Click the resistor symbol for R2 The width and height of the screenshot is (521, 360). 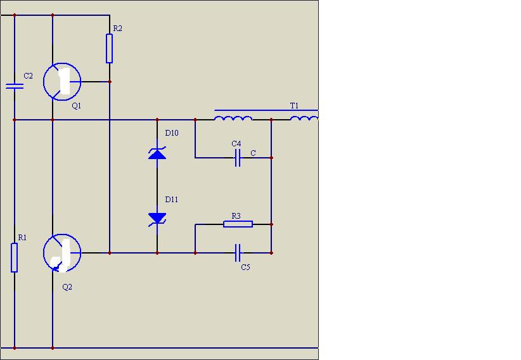pos(109,49)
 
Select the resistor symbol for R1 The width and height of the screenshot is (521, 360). pos(15,257)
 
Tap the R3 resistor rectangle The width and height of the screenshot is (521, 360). pos(238,224)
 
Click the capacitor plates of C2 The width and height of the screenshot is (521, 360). pos(15,86)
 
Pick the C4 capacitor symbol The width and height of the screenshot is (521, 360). pos(238,158)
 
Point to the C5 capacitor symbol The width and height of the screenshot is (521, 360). pos(238,253)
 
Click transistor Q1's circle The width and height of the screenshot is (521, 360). pos(44,82)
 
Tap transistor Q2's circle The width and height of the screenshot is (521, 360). pos(44,253)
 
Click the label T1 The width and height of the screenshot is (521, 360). pos(294,106)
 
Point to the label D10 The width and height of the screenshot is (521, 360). pos(172,133)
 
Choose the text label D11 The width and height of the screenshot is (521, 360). pos(172,200)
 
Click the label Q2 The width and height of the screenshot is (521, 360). pos(67,287)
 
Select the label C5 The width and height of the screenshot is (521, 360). pos(245,267)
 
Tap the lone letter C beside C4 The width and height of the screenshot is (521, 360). pos(253,153)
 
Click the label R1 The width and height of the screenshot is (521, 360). pos(22,237)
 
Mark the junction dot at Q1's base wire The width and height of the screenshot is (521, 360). pos(110,82)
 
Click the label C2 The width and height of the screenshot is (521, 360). pos(29,76)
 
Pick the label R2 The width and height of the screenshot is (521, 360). pos(118,29)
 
